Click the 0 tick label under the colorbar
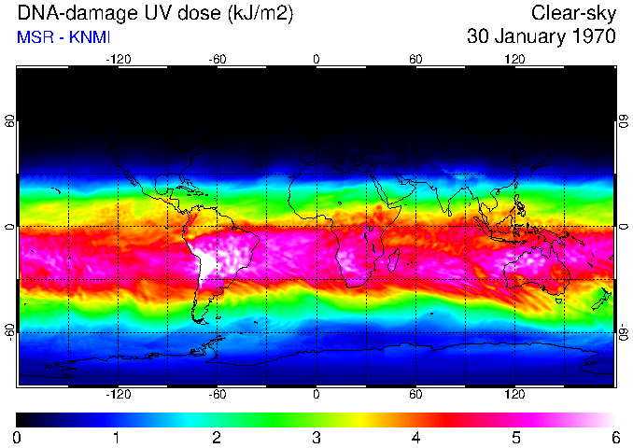[x=17, y=437]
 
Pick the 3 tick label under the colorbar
[x=316, y=437]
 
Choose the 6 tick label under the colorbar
[x=615, y=437]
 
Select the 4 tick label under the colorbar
[x=415, y=437]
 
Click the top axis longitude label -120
[x=118, y=59]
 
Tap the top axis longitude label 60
[x=415, y=59]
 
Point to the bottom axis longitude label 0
[x=316, y=395]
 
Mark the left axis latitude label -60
[x=9, y=331]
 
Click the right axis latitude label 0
[x=624, y=227]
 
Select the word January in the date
[x=525, y=37]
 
